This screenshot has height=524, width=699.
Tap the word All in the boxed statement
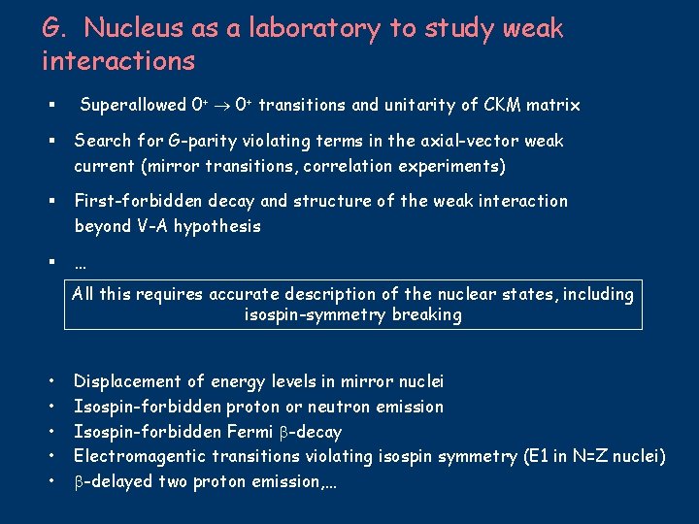84,294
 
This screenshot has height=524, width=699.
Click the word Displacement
127,381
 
